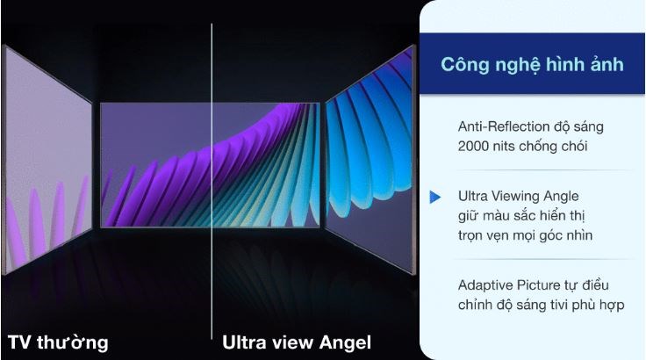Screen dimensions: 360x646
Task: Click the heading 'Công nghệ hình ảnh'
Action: click(533, 64)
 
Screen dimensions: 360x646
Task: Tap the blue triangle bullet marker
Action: click(434, 198)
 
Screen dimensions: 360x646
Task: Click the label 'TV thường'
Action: click(58, 341)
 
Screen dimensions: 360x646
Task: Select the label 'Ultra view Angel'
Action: click(296, 341)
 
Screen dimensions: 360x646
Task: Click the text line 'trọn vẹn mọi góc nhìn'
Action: click(525, 234)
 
